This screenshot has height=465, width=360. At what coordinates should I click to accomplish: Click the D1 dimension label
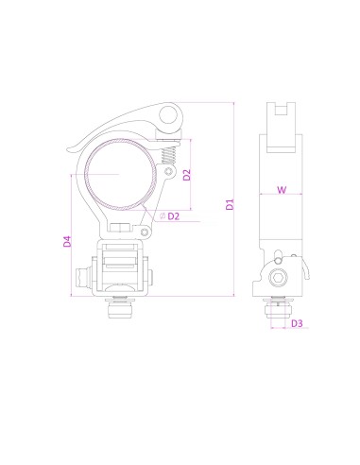[229, 204]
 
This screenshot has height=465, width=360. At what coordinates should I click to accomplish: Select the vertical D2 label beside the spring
[188, 175]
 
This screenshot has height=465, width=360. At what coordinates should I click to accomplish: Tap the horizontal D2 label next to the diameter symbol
[174, 216]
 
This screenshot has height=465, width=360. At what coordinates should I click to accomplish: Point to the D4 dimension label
[66, 241]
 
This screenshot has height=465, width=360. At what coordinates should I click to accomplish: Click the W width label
[281, 190]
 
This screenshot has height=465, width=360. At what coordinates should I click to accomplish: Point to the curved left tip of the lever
[74, 146]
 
